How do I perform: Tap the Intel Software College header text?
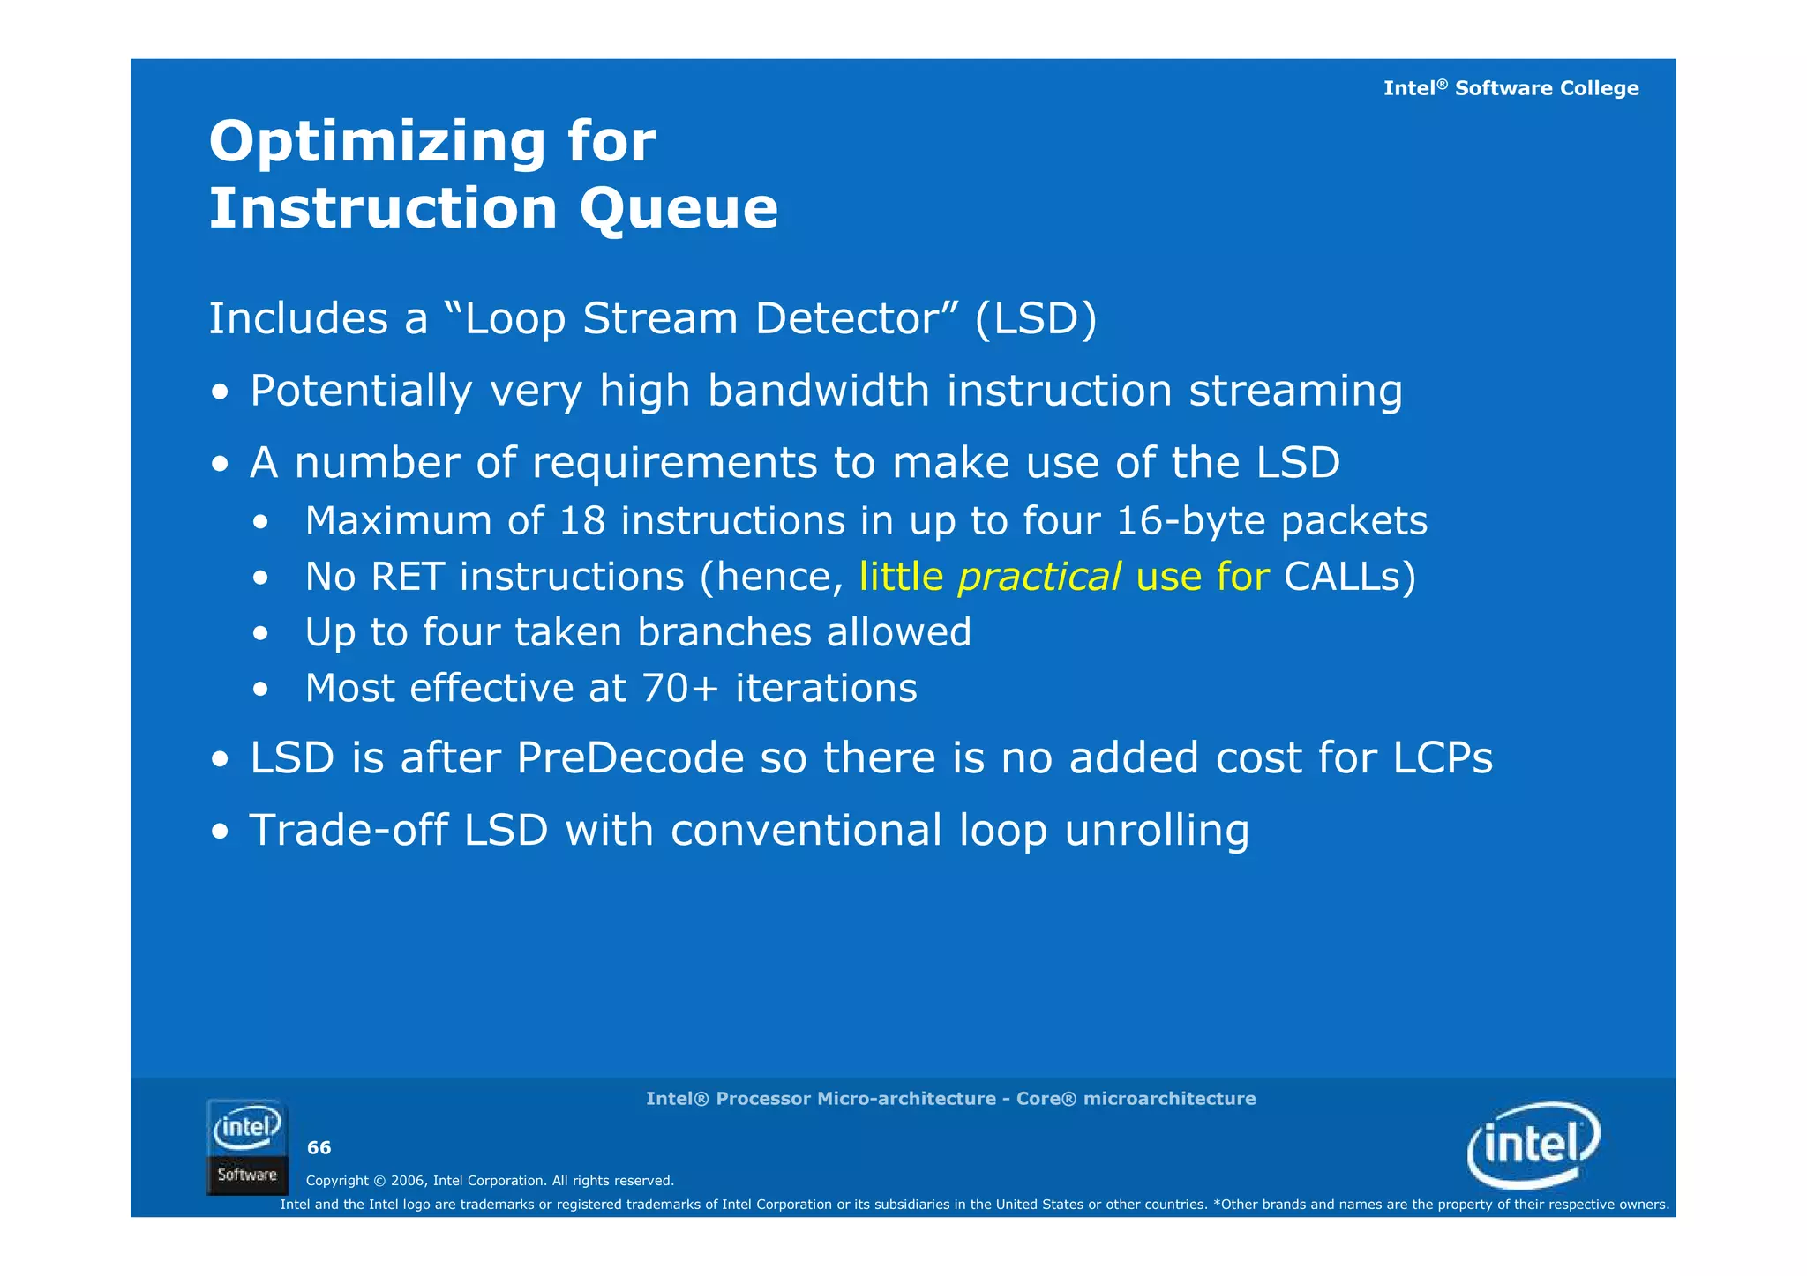click(x=1511, y=88)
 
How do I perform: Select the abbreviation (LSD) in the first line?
click(x=1036, y=318)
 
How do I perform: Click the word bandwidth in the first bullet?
click(x=818, y=391)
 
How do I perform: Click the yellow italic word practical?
click(x=1039, y=577)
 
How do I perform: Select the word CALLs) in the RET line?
click(x=1349, y=577)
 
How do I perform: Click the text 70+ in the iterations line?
click(x=680, y=688)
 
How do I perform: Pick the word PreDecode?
click(x=630, y=757)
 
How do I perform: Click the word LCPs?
click(x=1443, y=757)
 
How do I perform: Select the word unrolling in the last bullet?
click(x=1157, y=830)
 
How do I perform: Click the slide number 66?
click(x=319, y=1147)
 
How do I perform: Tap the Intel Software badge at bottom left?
click(x=247, y=1146)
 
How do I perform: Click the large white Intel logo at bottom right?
click(x=1533, y=1145)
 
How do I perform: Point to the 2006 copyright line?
click(x=490, y=1180)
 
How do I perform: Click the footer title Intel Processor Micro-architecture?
click(x=950, y=1098)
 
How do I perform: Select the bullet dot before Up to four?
click(x=259, y=633)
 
